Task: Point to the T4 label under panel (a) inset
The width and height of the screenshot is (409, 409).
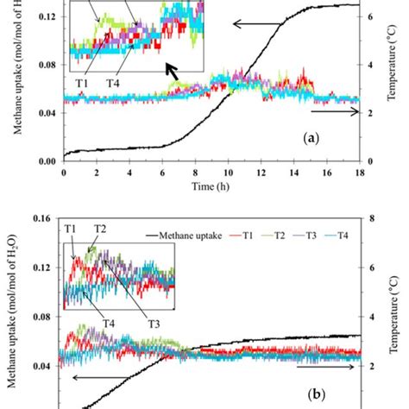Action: click(112, 84)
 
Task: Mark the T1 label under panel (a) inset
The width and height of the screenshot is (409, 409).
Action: click(82, 84)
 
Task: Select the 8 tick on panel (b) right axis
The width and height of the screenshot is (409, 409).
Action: click(370, 218)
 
